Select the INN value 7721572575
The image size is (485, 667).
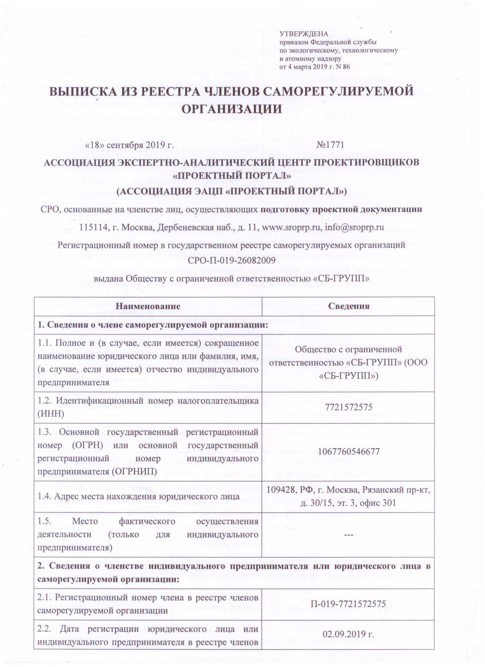[348, 407]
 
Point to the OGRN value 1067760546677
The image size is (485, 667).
[348, 452]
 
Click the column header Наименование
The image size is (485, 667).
[147, 306]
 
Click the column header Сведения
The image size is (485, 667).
[349, 306]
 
